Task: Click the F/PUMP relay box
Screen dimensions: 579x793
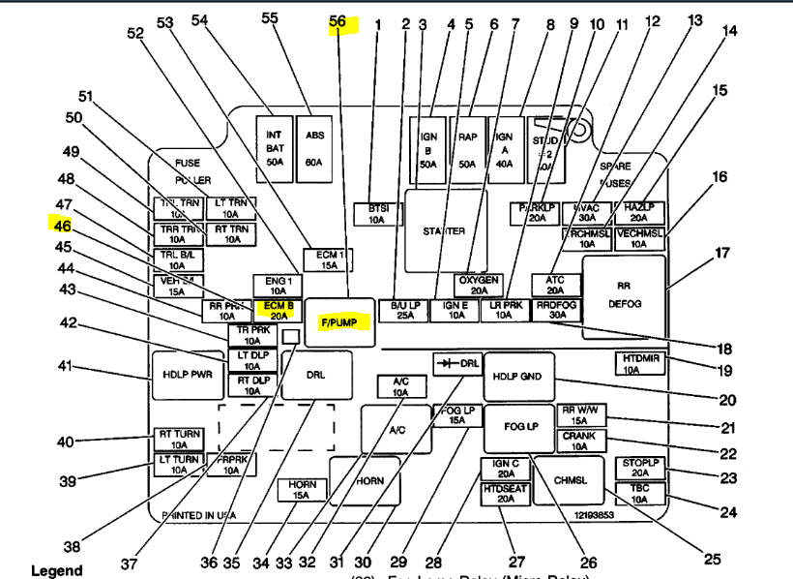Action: [339, 320]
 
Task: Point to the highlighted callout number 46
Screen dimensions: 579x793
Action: [62, 226]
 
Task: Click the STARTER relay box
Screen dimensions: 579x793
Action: [444, 231]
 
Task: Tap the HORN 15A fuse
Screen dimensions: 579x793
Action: [302, 489]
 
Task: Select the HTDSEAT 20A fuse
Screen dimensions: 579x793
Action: [505, 493]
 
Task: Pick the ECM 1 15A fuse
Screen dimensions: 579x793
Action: [328, 259]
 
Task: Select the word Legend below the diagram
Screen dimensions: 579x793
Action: [57, 571]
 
